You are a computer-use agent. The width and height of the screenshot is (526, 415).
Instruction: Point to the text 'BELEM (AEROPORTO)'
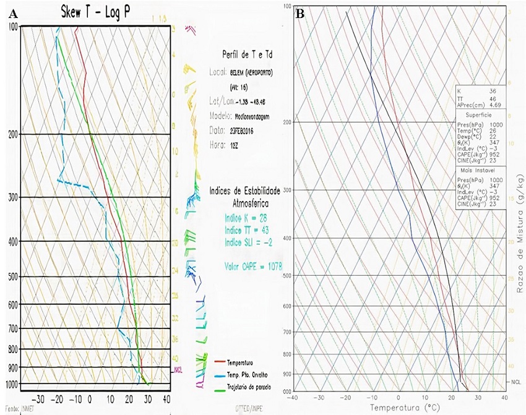pos(253,72)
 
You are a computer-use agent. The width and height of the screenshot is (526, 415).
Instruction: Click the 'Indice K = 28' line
pos(246,218)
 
